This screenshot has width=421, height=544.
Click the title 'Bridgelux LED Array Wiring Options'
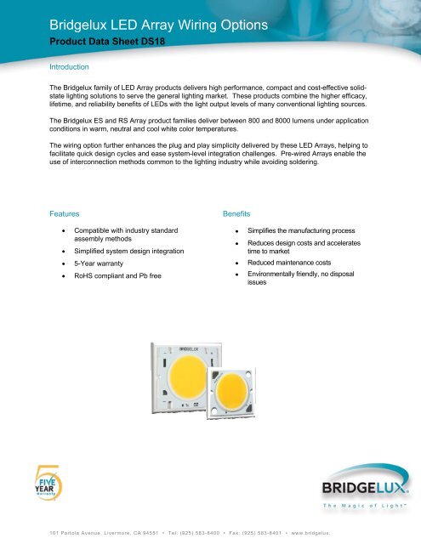[x=146, y=25]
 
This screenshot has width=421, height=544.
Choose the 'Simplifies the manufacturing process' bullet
[x=309, y=230]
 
